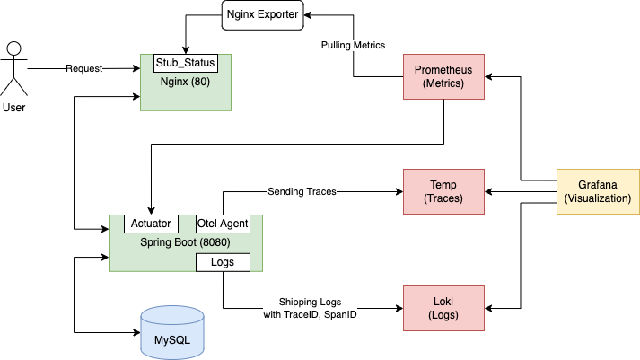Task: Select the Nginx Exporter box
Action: pyautogui.click(x=261, y=15)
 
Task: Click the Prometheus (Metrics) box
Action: pyautogui.click(x=443, y=76)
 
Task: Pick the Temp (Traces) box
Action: pyautogui.click(x=443, y=191)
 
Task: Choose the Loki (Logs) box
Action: pyautogui.click(x=443, y=308)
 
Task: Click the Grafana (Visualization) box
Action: pyautogui.click(x=597, y=191)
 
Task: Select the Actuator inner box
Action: pyautogui.click(x=151, y=224)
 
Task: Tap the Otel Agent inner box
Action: pyautogui.click(x=223, y=224)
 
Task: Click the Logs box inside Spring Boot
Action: pyautogui.click(x=223, y=261)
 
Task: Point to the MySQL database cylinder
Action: pyautogui.click(x=171, y=333)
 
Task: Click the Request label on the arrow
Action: pyautogui.click(x=84, y=68)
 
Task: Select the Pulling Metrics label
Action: pyautogui.click(x=353, y=45)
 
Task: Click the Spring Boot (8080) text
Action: pyautogui.click(x=186, y=241)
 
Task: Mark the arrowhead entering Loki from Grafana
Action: pyautogui.click(x=489, y=308)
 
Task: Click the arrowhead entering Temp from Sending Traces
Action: pyautogui.click(x=399, y=191)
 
